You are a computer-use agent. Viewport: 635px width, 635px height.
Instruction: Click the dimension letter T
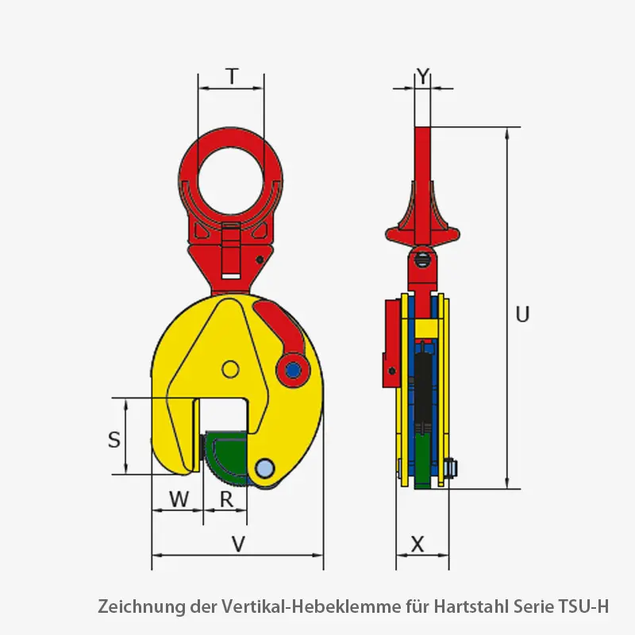tap(231, 76)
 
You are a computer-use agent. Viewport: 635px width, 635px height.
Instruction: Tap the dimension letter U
tap(521, 314)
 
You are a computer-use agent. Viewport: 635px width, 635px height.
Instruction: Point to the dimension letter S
tap(115, 438)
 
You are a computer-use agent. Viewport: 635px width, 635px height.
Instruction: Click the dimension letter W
tap(180, 499)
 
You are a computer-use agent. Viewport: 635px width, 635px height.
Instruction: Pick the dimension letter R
tap(226, 499)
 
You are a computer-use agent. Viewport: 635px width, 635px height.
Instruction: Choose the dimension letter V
tap(237, 544)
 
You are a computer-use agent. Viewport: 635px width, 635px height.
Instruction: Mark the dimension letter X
tap(418, 544)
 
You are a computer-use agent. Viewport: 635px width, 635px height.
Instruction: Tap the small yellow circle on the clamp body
tap(230, 368)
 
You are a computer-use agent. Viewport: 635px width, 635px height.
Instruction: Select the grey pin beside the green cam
tap(265, 467)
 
